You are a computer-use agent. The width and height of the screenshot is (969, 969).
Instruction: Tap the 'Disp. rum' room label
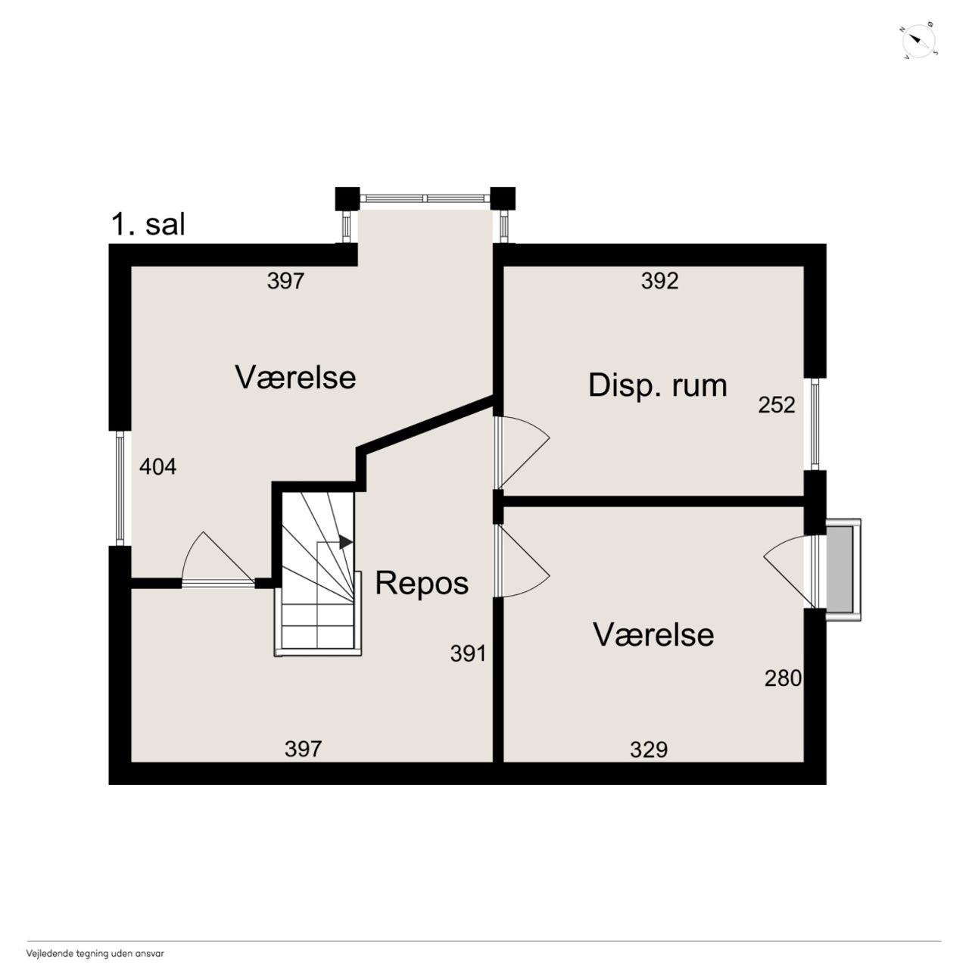point(657,386)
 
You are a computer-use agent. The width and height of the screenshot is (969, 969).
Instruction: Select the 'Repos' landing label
point(422,584)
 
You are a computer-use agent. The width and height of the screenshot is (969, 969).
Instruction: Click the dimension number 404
point(158,467)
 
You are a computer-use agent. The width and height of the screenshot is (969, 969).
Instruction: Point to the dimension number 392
point(659,281)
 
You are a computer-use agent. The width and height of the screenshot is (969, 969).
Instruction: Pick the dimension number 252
point(777,405)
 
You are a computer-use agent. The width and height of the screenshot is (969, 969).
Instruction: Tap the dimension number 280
point(783,678)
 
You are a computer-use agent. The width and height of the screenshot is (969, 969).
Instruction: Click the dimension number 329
point(649,749)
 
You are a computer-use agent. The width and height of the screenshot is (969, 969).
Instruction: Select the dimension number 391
point(468,654)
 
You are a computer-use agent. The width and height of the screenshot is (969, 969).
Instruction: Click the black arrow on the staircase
point(345,542)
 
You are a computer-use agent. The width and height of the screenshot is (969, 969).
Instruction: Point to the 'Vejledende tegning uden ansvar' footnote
point(95,953)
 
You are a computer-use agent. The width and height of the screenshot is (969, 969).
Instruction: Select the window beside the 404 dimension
point(120,488)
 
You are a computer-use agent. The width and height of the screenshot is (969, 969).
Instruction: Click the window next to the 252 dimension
point(815,424)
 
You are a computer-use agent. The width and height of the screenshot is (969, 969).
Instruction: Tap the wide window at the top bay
point(425,198)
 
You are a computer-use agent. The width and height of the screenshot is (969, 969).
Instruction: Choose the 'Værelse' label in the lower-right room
point(653,634)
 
